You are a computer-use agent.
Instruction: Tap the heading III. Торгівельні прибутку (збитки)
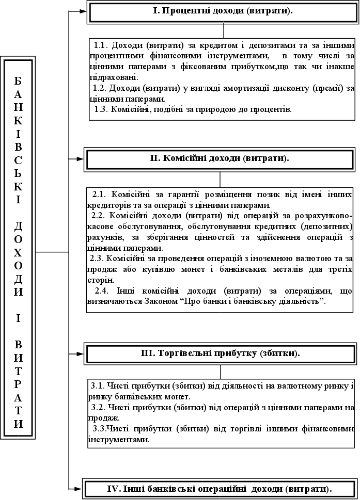(x=221, y=354)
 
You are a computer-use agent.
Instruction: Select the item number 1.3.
(x=102, y=109)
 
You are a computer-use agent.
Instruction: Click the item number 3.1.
(x=98, y=386)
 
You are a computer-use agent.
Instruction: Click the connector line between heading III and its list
(x=221, y=372)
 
